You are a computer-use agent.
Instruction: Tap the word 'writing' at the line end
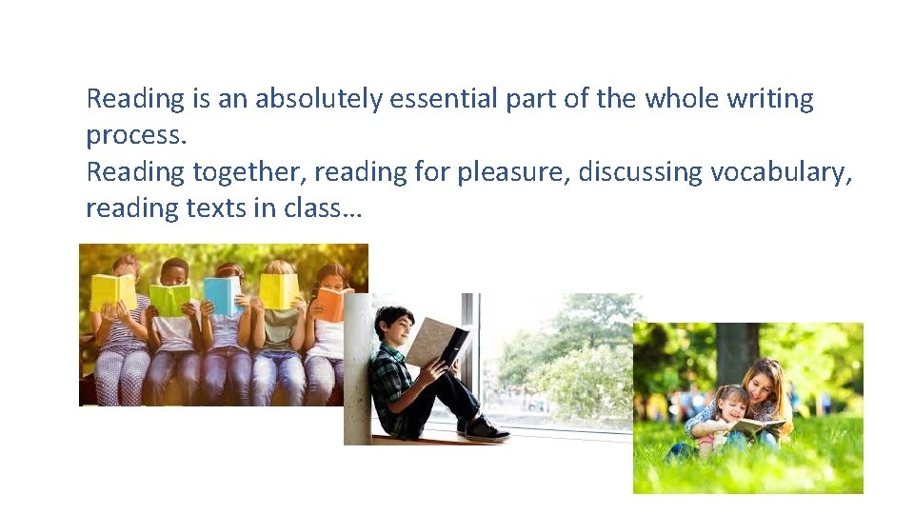point(777,99)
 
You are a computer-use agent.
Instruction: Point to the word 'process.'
point(136,135)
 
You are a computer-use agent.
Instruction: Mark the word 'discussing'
point(639,171)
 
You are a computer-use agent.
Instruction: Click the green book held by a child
point(169,300)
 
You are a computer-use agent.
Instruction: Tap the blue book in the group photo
point(222,296)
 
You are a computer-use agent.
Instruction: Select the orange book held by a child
point(328,303)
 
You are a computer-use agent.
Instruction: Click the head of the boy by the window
point(393,325)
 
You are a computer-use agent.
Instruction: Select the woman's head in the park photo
point(767,382)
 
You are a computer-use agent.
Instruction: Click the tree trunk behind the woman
point(739,352)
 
